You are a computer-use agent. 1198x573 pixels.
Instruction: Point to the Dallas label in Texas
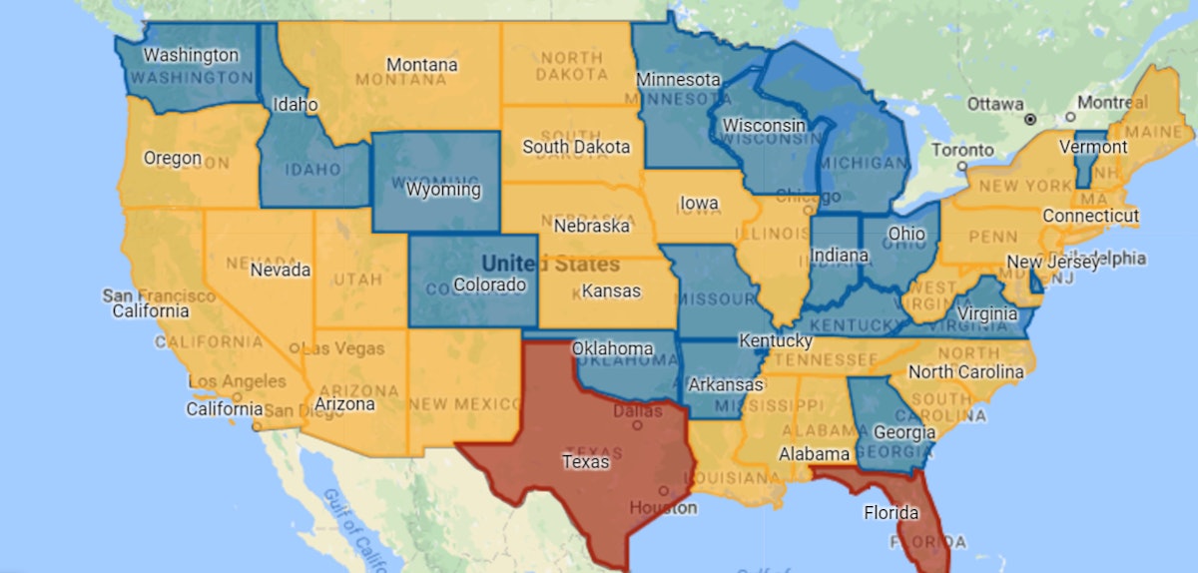click(638, 410)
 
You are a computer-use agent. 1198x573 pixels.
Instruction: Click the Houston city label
click(663, 507)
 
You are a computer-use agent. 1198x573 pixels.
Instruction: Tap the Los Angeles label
click(238, 381)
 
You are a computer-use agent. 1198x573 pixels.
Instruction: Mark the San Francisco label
click(159, 295)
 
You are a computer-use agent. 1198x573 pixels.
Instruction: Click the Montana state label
click(421, 65)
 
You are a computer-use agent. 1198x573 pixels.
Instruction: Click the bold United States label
click(550, 265)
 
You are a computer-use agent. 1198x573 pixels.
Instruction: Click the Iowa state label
click(699, 204)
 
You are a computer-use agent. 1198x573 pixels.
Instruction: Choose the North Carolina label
click(965, 372)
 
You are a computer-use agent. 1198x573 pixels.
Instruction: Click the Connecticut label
click(1090, 216)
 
